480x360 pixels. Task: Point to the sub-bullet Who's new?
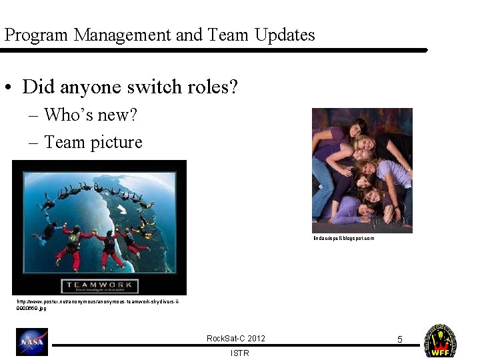[91, 115]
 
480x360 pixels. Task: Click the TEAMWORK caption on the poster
[99, 286]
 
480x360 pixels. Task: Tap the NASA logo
[32, 341]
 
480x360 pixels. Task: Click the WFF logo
[440, 341]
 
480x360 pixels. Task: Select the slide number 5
[400, 339]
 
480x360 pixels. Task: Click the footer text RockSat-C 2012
[235, 339]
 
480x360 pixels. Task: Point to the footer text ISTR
[239, 353]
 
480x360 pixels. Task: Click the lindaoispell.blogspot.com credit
[343, 238]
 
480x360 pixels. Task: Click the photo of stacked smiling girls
[362, 170]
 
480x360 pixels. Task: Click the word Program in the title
[36, 35]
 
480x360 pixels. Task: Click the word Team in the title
[229, 35]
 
